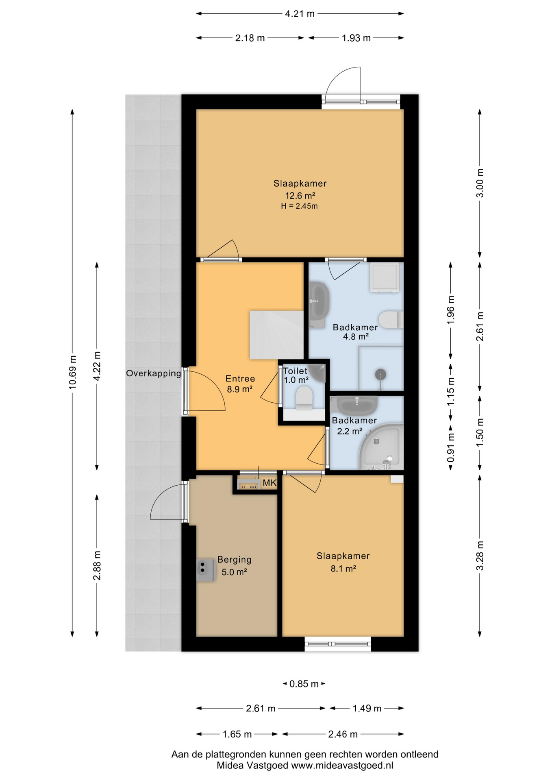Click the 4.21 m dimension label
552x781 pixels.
click(x=300, y=14)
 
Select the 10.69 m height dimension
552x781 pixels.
click(x=72, y=372)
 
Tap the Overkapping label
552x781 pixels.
click(x=153, y=373)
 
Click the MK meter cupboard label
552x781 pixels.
click(x=269, y=483)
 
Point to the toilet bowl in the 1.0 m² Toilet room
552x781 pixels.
click(x=304, y=397)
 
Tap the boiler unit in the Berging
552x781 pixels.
click(x=205, y=570)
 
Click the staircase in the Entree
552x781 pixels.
click(x=276, y=334)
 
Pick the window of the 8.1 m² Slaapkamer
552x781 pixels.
click(x=338, y=644)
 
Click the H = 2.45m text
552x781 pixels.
click(x=299, y=206)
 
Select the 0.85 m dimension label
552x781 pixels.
click(x=304, y=684)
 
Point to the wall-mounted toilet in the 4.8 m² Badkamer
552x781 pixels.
click(x=390, y=320)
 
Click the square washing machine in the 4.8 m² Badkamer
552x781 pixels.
click(x=384, y=277)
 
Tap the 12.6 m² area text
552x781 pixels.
click(x=300, y=196)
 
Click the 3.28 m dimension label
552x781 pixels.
click(x=480, y=555)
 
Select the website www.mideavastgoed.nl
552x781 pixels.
click(x=342, y=765)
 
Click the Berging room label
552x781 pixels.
click(x=234, y=560)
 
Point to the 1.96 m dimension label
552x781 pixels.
click(x=450, y=310)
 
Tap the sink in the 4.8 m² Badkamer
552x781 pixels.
click(x=319, y=301)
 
